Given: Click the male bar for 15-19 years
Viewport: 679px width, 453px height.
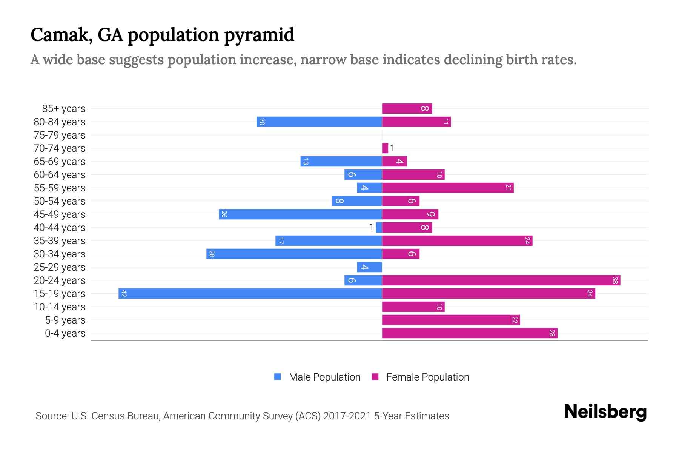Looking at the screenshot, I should point(250,294).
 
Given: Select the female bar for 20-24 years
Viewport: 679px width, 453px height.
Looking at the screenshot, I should point(501,280).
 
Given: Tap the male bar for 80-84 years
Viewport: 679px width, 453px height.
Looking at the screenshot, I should point(319,122).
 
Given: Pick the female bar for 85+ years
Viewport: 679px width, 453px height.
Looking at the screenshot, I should point(407,109).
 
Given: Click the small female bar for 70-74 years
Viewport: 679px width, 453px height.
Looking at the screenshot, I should point(385,148).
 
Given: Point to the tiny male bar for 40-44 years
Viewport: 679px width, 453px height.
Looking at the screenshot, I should point(379,228).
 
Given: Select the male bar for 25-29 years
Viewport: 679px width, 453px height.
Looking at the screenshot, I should point(369,267).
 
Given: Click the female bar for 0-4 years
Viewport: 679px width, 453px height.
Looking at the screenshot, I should point(470,333).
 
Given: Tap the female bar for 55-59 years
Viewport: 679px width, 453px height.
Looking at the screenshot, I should point(448,188).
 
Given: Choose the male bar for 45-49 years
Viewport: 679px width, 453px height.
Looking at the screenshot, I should point(300,214).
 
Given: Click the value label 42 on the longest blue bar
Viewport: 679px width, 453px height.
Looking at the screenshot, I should point(124,294).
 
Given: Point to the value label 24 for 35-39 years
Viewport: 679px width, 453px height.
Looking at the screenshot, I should point(527,241).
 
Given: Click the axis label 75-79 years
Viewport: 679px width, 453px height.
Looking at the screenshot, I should point(60,135).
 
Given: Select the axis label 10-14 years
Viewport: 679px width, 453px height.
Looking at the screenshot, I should point(60,307).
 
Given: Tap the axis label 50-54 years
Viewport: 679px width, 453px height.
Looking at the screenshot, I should point(60,201).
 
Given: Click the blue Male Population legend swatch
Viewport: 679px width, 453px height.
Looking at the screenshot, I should point(278,377).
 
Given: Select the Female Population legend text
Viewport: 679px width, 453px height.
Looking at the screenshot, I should point(427,377).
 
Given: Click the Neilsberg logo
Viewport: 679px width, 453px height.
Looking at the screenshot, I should point(605,412).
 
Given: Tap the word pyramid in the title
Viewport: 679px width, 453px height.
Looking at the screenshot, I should point(259,35).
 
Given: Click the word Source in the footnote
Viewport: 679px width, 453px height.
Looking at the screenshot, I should point(52,416).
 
